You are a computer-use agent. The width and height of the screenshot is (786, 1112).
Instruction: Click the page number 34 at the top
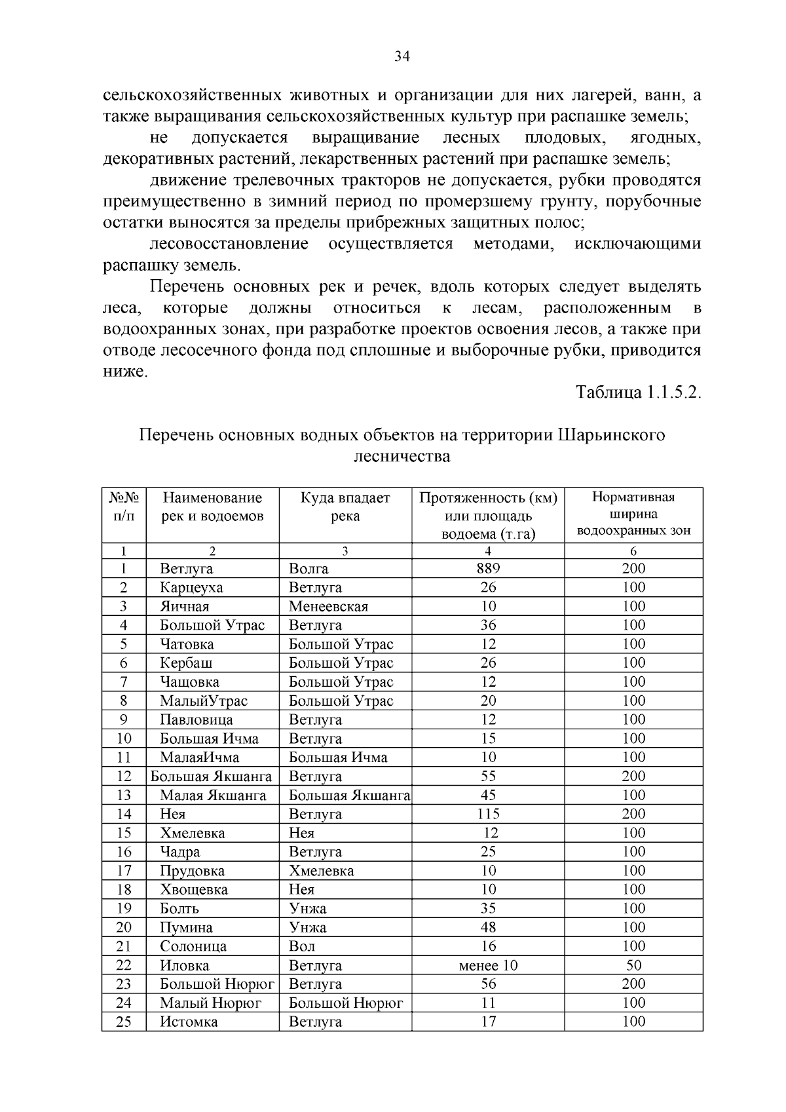pyautogui.click(x=402, y=57)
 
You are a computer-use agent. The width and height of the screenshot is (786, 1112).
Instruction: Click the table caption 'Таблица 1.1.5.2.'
pyautogui.click(x=638, y=393)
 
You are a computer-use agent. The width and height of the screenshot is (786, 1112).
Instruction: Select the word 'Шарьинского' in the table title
pyautogui.click(x=611, y=435)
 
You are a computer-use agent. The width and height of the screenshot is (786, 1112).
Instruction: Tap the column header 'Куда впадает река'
pyautogui.click(x=345, y=507)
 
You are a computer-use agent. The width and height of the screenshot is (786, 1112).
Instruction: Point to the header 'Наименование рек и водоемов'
pyautogui.click(x=212, y=507)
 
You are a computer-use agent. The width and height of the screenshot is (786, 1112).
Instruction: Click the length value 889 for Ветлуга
pyautogui.click(x=488, y=569)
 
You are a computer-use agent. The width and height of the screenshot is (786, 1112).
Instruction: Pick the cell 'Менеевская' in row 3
pyautogui.click(x=328, y=607)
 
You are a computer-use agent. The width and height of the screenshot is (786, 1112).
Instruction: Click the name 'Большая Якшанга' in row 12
pyautogui.click(x=211, y=776)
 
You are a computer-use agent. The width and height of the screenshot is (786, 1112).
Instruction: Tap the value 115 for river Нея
pyautogui.click(x=488, y=815)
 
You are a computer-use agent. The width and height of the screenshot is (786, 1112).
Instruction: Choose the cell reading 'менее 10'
pyautogui.click(x=488, y=965)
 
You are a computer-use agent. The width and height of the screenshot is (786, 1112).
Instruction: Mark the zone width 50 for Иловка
pyautogui.click(x=633, y=965)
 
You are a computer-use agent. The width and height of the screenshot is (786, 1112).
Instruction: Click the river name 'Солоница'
pyautogui.click(x=193, y=946)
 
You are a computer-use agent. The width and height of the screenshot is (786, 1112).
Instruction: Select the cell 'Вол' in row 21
pyautogui.click(x=302, y=946)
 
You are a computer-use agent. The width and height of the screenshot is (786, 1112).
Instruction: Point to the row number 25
pyautogui.click(x=124, y=1022)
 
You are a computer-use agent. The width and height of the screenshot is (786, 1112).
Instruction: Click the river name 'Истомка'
pyautogui.click(x=189, y=1022)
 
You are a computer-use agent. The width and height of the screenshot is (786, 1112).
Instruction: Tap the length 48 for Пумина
pyautogui.click(x=488, y=927)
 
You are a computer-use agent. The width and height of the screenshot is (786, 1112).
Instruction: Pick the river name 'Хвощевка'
pyautogui.click(x=194, y=890)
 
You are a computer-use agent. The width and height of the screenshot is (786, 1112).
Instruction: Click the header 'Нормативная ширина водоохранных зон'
pyautogui.click(x=633, y=514)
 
